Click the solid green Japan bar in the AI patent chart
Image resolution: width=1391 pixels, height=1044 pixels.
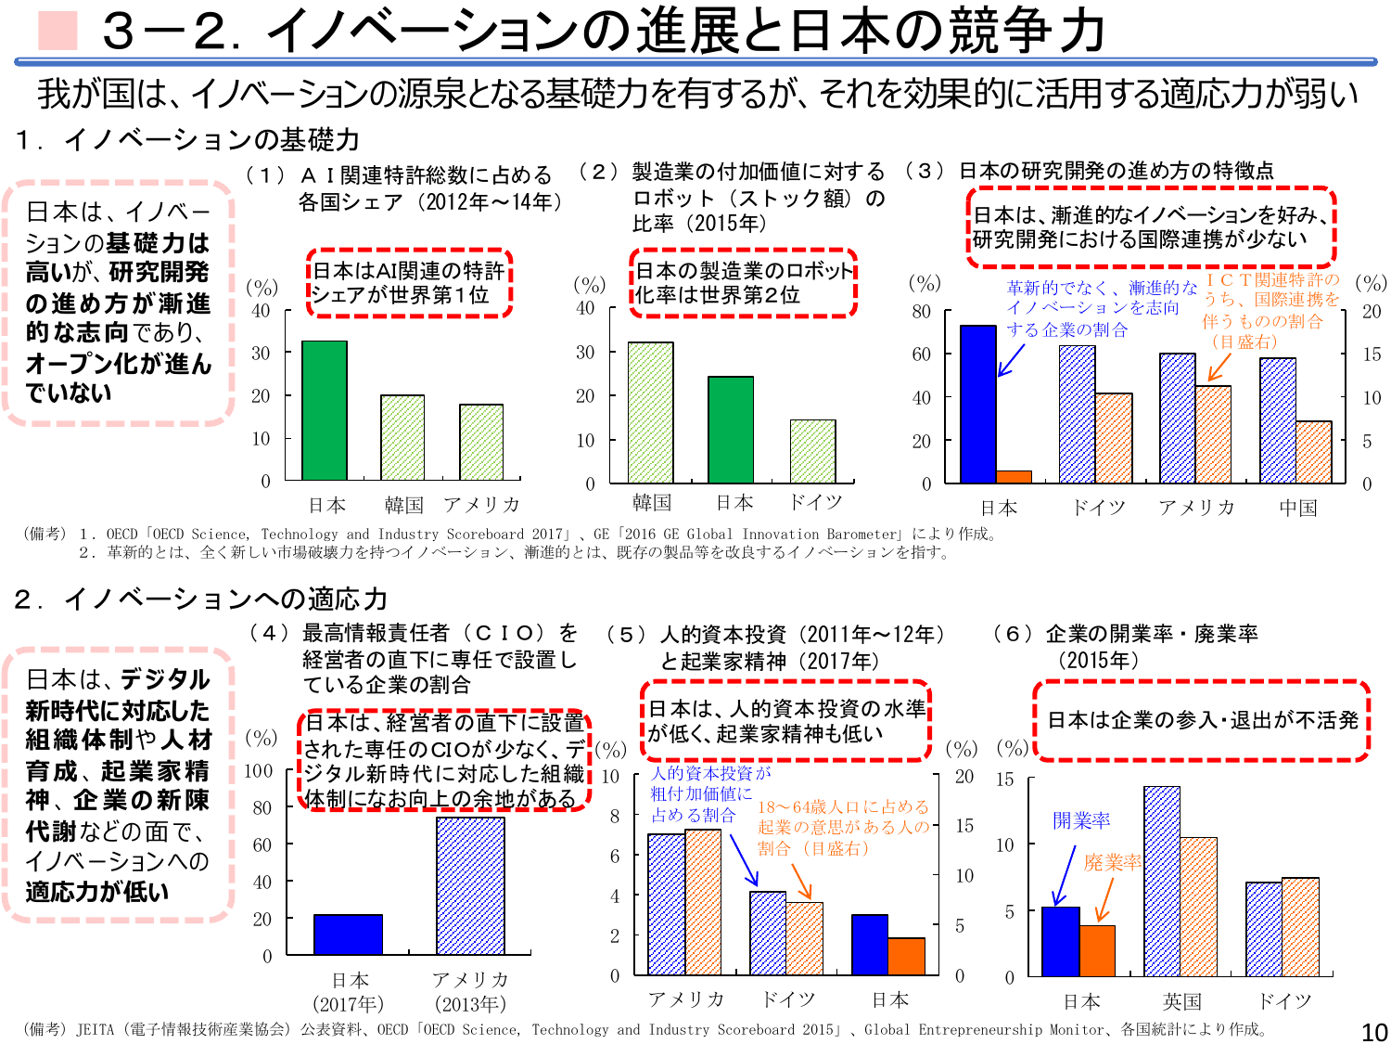(x=325, y=410)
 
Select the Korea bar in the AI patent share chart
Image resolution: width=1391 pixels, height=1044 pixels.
(x=402, y=437)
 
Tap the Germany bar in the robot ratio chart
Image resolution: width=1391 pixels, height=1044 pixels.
(x=813, y=451)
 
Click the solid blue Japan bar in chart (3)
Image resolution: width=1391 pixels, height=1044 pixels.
(x=978, y=404)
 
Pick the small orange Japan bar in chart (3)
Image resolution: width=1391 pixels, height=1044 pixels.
(x=1014, y=477)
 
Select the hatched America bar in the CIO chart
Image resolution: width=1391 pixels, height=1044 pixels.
(x=470, y=885)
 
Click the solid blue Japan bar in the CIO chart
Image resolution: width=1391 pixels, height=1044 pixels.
(x=348, y=934)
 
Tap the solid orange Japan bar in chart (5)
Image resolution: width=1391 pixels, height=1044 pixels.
(x=906, y=956)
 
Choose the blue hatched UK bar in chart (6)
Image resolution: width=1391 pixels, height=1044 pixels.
(x=1162, y=881)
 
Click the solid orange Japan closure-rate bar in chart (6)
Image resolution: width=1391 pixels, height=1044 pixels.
(x=1098, y=950)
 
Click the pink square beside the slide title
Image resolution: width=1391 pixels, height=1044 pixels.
(x=57, y=31)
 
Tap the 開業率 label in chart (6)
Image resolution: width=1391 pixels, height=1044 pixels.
(x=1081, y=820)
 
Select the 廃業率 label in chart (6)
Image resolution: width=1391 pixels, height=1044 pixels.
(x=1113, y=862)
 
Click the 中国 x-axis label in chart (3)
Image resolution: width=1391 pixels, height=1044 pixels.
(x=1297, y=508)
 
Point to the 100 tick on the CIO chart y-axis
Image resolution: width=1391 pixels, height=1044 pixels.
(x=258, y=770)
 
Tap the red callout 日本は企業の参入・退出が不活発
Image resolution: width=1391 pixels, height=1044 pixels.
(x=1202, y=720)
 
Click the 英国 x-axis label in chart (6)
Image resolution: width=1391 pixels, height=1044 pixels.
(x=1182, y=1001)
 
